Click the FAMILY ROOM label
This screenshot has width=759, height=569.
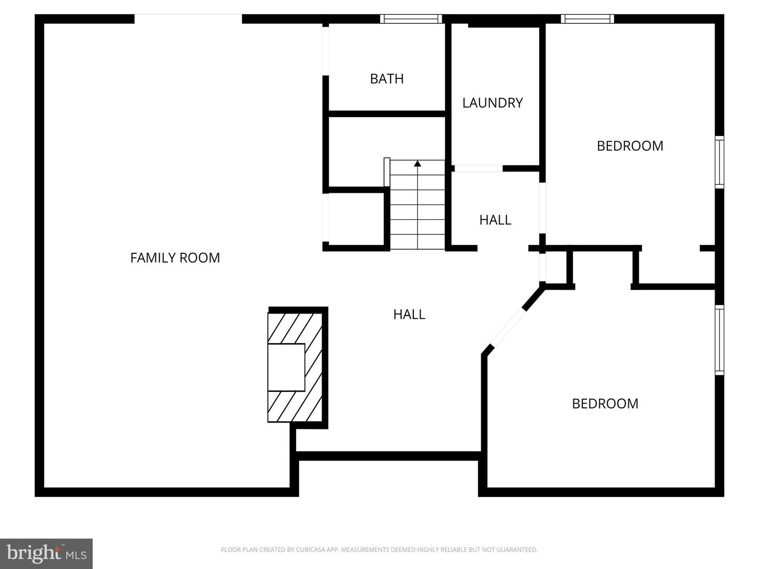[175, 258]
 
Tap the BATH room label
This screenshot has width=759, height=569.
[387, 79]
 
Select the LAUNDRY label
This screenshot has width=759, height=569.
[492, 103]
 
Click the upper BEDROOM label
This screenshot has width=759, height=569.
[630, 146]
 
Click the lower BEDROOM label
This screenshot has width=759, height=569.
[605, 404]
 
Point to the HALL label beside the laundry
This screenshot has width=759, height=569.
[495, 220]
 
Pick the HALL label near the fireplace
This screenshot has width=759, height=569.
[409, 315]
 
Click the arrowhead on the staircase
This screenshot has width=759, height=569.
[417, 164]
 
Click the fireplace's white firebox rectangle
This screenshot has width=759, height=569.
[286, 367]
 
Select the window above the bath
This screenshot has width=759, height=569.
[411, 19]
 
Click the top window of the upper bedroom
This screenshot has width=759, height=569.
[587, 19]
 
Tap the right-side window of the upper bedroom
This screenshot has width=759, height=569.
[719, 162]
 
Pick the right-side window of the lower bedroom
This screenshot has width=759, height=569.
[719, 340]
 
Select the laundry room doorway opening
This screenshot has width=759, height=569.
[478, 169]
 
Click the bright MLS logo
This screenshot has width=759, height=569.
[46, 553]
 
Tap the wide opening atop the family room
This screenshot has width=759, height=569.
[188, 18]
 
